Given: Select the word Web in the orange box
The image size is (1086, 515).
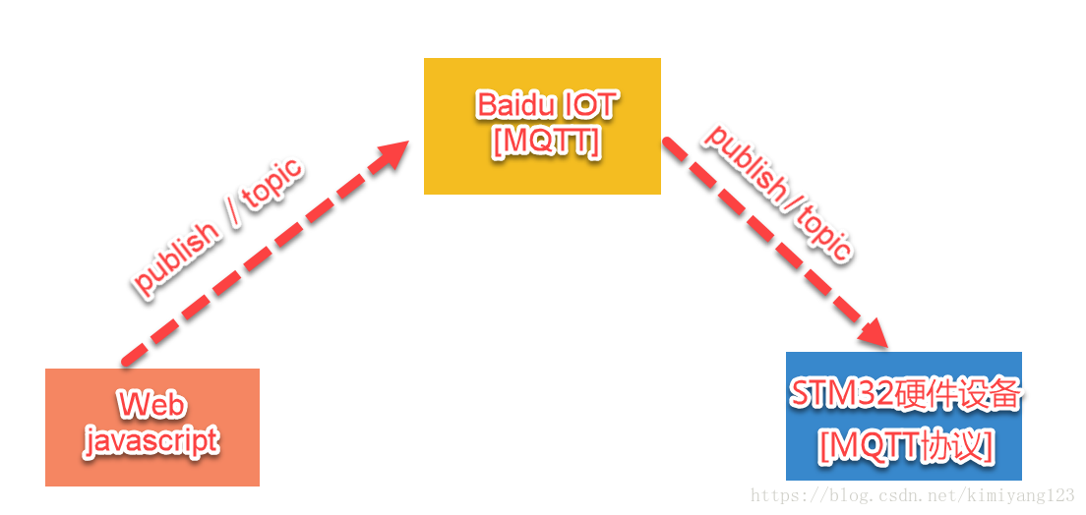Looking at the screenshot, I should (151, 405).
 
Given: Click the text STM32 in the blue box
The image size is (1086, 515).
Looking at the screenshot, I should (841, 395).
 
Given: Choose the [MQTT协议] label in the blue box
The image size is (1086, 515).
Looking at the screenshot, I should (906, 447).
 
